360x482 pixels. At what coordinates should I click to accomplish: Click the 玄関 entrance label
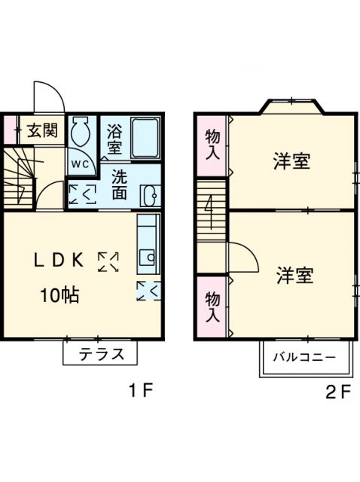[x=41, y=130]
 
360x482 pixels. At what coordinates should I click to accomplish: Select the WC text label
[x=80, y=163]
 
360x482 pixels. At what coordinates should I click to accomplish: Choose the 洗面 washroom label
[x=119, y=185]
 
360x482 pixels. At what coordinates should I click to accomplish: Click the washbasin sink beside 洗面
[x=148, y=194]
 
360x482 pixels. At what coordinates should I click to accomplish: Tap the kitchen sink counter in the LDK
[x=148, y=245]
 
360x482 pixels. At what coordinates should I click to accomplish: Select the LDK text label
[x=57, y=260]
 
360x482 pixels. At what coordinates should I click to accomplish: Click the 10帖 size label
[x=59, y=294]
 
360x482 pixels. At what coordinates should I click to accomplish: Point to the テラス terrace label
[x=101, y=354]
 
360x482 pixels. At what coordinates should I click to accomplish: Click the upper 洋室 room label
[x=292, y=161]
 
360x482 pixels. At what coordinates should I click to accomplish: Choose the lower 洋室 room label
[x=294, y=276]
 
